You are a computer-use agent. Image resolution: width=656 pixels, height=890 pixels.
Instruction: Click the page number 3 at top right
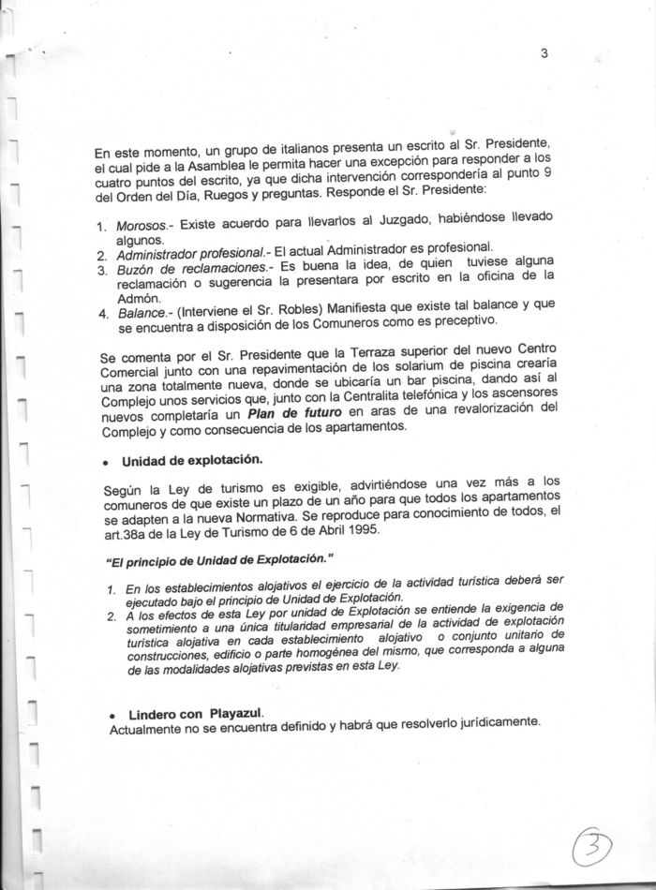[544, 53]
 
